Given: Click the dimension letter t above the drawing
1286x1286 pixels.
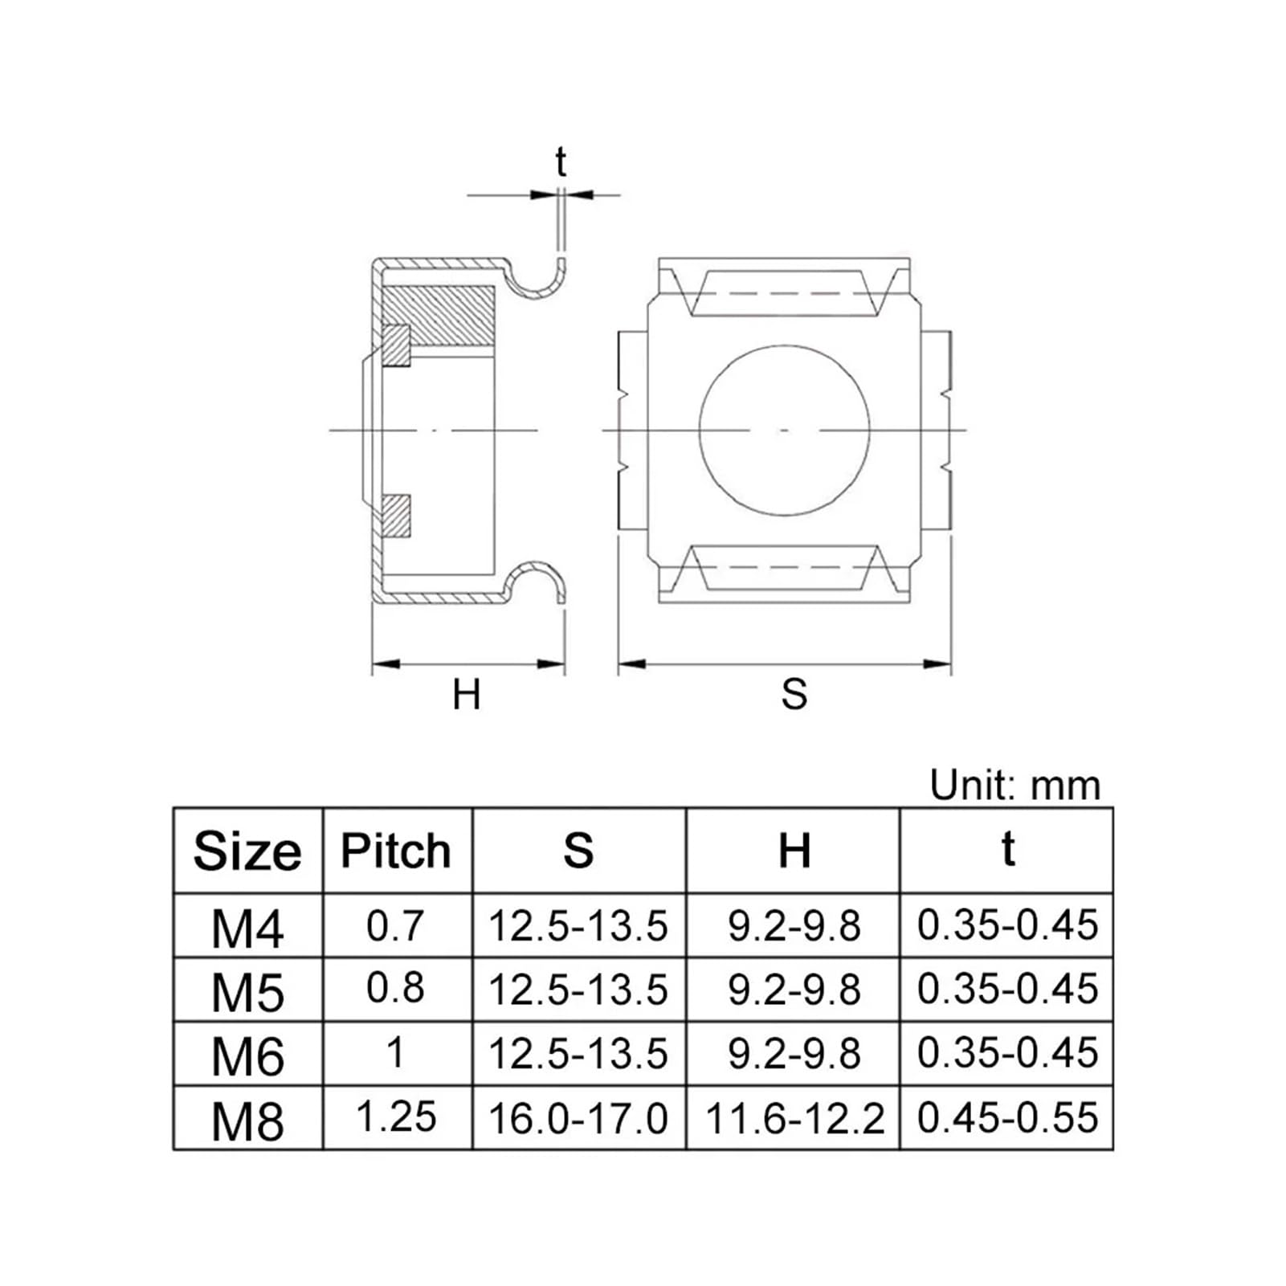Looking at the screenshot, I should tap(561, 163).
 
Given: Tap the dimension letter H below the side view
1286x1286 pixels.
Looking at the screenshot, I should tap(467, 695).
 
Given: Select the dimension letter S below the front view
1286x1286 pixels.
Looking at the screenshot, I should tap(794, 695).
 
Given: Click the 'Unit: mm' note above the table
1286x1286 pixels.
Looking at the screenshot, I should tap(1015, 785).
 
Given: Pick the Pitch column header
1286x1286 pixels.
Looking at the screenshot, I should tap(396, 851).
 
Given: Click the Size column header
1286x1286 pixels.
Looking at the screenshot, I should tap(247, 851).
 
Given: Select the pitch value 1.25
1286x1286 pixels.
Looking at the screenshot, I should tap(395, 1117).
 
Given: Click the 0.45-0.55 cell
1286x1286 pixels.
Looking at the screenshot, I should tap(1007, 1118).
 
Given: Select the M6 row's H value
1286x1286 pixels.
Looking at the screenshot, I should tap(794, 1054).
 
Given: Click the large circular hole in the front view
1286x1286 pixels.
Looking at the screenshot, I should tap(785, 431).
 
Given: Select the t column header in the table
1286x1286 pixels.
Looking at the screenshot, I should tap(1007, 849).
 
